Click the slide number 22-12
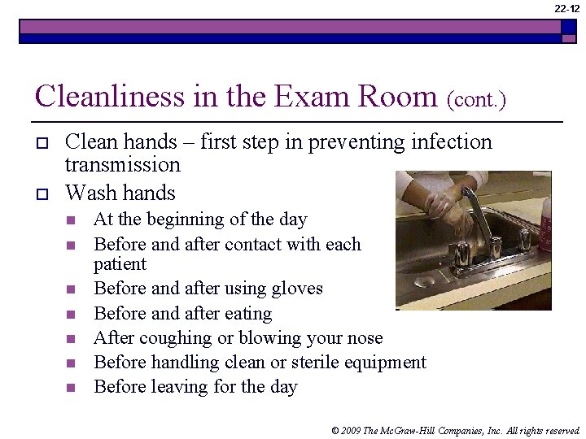[567, 8]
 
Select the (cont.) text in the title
[476, 100]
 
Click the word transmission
[122, 165]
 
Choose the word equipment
[385, 363]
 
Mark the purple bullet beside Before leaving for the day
[71, 388]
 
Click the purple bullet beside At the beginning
[71, 219]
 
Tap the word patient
[120, 264]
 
